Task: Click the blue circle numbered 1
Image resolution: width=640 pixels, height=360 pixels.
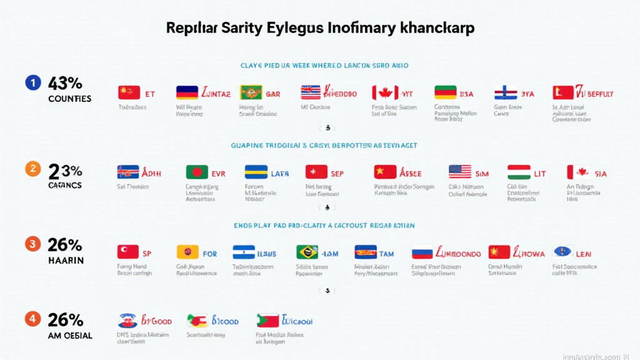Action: tap(33, 83)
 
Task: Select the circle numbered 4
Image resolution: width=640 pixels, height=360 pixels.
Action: tap(33, 319)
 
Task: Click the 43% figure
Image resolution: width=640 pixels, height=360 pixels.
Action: tap(65, 83)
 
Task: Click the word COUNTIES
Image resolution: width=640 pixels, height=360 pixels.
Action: tap(69, 99)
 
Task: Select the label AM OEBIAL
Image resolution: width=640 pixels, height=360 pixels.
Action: tap(70, 336)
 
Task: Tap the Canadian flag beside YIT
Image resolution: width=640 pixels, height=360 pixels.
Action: tap(385, 93)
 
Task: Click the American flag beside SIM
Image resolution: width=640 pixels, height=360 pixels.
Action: tap(460, 172)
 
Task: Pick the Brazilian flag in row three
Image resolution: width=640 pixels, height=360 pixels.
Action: tap(307, 252)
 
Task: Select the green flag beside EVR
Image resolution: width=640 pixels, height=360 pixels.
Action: tap(197, 172)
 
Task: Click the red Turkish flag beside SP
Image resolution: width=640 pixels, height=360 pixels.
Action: tap(128, 252)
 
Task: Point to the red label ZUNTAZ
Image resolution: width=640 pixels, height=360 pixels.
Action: tap(216, 94)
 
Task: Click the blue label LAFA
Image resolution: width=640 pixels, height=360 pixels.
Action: tap(280, 173)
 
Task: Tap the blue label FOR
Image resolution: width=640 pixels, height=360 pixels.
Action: tap(210, 254)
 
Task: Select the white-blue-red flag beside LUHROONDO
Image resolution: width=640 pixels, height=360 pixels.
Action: tap(422, 252)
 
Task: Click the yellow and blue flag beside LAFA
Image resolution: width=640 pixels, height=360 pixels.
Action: tap(256, 172)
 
